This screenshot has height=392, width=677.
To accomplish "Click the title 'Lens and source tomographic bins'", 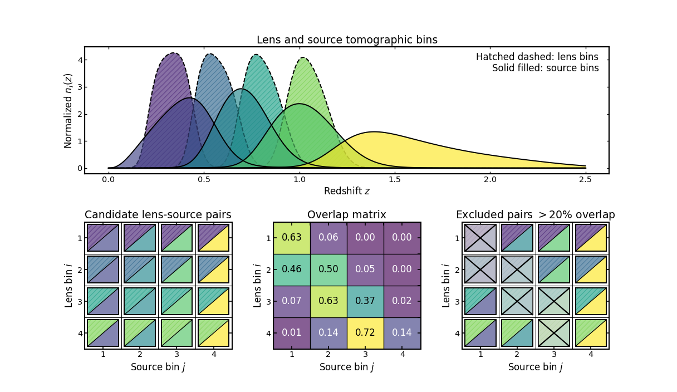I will (x=346, y=40).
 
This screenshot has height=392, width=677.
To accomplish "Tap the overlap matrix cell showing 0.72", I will (x=365, y=333).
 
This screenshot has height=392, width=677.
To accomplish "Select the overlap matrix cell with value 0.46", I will (x=292, y=269).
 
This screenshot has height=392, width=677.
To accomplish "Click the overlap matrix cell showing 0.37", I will (x=365, y=301).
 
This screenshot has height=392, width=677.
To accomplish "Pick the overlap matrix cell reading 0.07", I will (x=292, y=301).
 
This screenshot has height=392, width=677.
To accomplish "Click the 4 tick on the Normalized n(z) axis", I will (x=80, y=60).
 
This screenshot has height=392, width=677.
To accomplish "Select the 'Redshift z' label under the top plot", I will (x=346, y=191).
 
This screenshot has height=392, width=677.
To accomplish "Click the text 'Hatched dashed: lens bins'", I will (x=537, y=57).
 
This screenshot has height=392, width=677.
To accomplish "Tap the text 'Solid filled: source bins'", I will (x=545, y=68).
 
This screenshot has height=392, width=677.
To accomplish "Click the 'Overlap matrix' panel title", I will (x=346, y=215).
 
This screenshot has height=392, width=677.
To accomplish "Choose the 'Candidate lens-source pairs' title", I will (x=158, y=215).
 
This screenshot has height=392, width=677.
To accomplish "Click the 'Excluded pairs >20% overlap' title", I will (x=535, y=215).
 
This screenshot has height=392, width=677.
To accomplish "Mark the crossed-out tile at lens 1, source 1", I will (x=480, y=238).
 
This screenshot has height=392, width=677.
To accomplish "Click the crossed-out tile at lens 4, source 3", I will (x=554, y=333).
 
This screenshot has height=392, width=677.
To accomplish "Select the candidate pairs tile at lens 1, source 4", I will (x=213, y=238).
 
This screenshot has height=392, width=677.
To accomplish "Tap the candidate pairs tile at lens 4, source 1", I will (x=103, y=333).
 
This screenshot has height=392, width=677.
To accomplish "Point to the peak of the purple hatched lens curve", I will (x=174, y=53).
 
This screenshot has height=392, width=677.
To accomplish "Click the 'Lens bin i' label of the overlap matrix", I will (x=258, y=285).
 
